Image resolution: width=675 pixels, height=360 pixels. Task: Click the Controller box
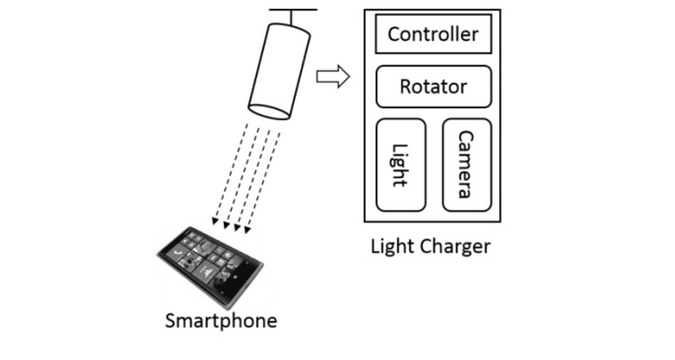pyautogui.click(x=433, y=34)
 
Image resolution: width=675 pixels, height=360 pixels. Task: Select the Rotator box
pyautogui.click(x=433, y=86)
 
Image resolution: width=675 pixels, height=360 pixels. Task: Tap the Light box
pyautogui.click(x=401, y=164)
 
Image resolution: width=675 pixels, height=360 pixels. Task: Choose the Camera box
pyautogui.click(x=466, y=164)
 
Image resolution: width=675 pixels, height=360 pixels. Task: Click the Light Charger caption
pyautogui.click(x=430, y=246)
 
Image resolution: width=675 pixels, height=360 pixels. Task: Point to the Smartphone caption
pyautogui.click(x=221, y=320)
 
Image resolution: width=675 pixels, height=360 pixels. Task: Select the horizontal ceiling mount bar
pyautogui.click(x=293, y=9)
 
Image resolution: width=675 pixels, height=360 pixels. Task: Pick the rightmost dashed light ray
pyautogui.click(x=264, y=179)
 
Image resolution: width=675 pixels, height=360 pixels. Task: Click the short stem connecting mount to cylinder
pyautogui.click(x=291, y=17)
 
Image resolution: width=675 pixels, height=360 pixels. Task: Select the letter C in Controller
pyautogui.click(x=394, y=34)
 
